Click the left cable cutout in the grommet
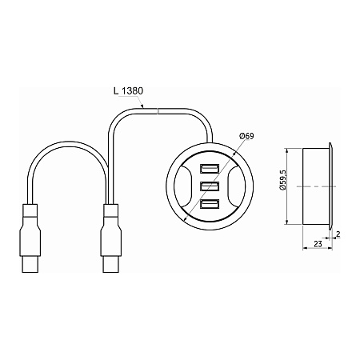tap(184, 186)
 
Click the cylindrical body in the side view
tap(316, 186)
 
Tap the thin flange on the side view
tap(330, 186)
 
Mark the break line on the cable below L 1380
tap(159, 111)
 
